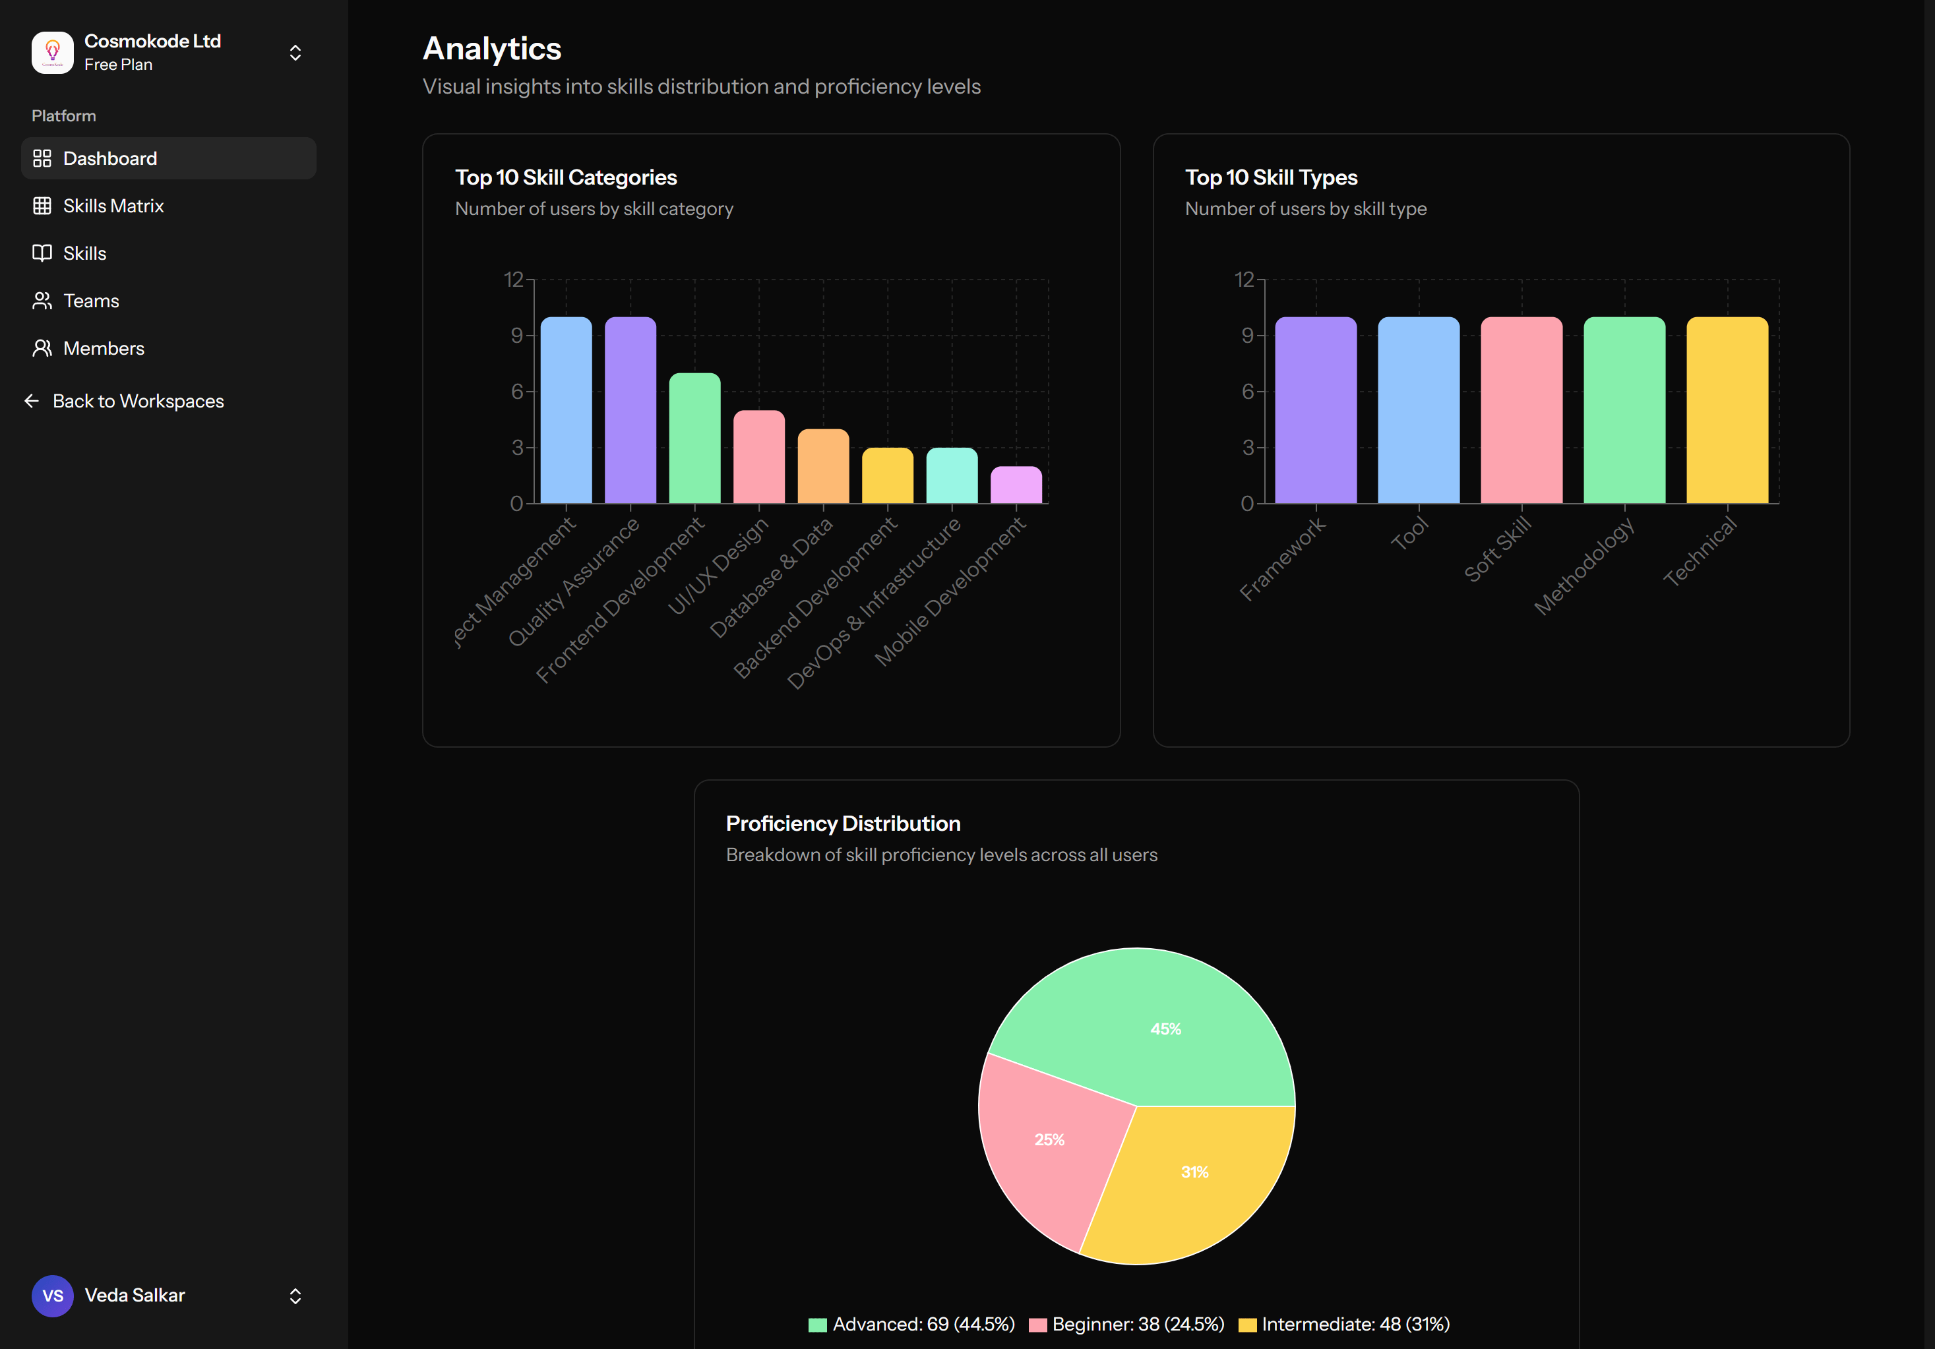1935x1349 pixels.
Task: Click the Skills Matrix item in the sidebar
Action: (x=113, y=206)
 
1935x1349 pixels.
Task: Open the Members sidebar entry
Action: (x=104, y=349)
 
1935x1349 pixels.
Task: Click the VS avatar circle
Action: (x=52, y=1296)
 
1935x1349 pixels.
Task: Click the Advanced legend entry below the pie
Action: (x=913, y=1325)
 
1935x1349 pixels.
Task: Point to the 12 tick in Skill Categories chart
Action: (x=513, y=280)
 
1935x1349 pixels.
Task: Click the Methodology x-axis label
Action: (x=1583, y=567)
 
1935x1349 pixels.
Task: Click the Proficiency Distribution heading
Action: (x=843, y=824)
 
